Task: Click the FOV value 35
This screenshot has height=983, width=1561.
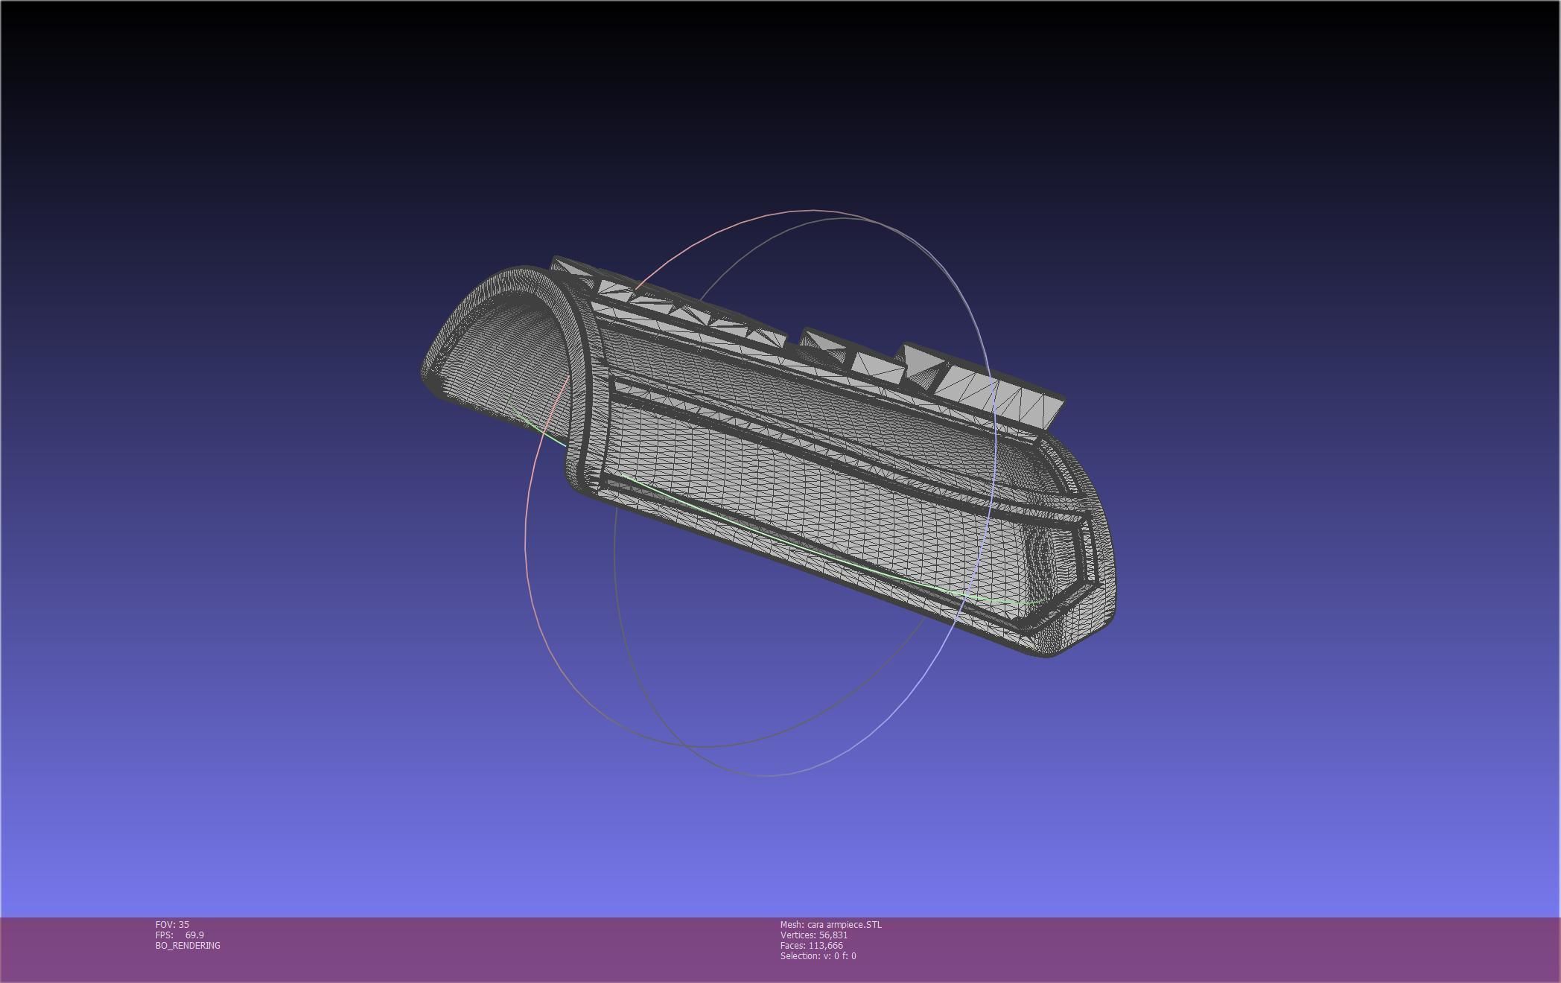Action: click(184, 924)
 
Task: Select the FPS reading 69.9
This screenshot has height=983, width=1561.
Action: click(194, 935)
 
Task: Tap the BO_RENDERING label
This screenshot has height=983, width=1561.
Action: click(188, 945)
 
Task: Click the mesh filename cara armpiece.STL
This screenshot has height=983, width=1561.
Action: click(844, 924)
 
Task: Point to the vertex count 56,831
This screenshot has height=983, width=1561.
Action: click(833, 935)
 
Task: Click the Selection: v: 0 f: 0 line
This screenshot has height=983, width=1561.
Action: click(818, 955)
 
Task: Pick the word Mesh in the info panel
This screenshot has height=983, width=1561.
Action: click(791, 924)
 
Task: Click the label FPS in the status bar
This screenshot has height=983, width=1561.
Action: click(164, 935)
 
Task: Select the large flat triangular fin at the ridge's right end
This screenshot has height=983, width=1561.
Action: click(1028, 402)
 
